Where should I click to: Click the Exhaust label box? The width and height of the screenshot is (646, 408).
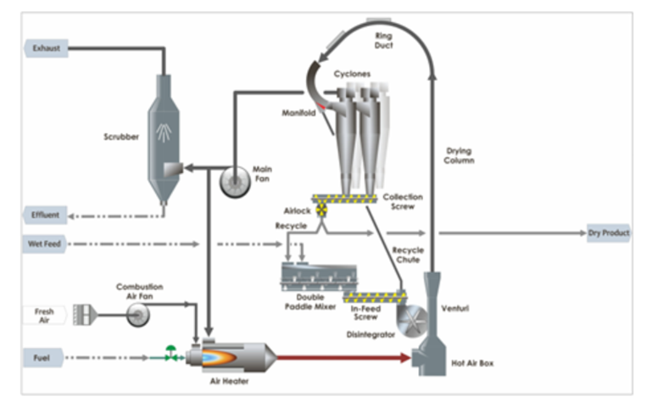[x=46, y=48]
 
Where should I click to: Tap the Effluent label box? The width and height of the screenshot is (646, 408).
[x=45, y=215]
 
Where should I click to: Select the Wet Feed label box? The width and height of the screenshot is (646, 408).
[x=44, y=244]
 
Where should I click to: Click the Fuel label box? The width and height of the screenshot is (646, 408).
[x=43, y=358]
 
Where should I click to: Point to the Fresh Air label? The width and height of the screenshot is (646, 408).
[x=44, y=316]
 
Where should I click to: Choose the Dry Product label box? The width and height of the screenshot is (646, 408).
[x=609, y=233]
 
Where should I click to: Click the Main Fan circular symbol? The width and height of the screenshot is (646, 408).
[x=235, y=182]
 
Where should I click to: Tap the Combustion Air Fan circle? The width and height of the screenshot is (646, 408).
[x=137, y=316]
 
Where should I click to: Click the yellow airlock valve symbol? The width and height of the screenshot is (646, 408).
[x=321, y=210]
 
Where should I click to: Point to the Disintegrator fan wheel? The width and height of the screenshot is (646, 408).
[x=412, y=320]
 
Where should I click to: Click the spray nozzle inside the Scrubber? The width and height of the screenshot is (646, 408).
[x=164, y=132]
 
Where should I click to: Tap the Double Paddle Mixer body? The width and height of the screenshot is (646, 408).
[x=319, y=277]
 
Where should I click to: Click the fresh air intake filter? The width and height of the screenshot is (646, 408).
[x=86, y=316]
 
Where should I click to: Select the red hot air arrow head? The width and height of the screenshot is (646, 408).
[x=405, y=358]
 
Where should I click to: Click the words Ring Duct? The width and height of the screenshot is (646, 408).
[x=383, y=41]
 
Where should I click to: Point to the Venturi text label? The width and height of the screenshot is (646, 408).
[x=455, y=308]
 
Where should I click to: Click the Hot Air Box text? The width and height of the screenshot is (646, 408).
[x=472, y=363]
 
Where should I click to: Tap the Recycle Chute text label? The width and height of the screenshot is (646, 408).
[x=408, y=254]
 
